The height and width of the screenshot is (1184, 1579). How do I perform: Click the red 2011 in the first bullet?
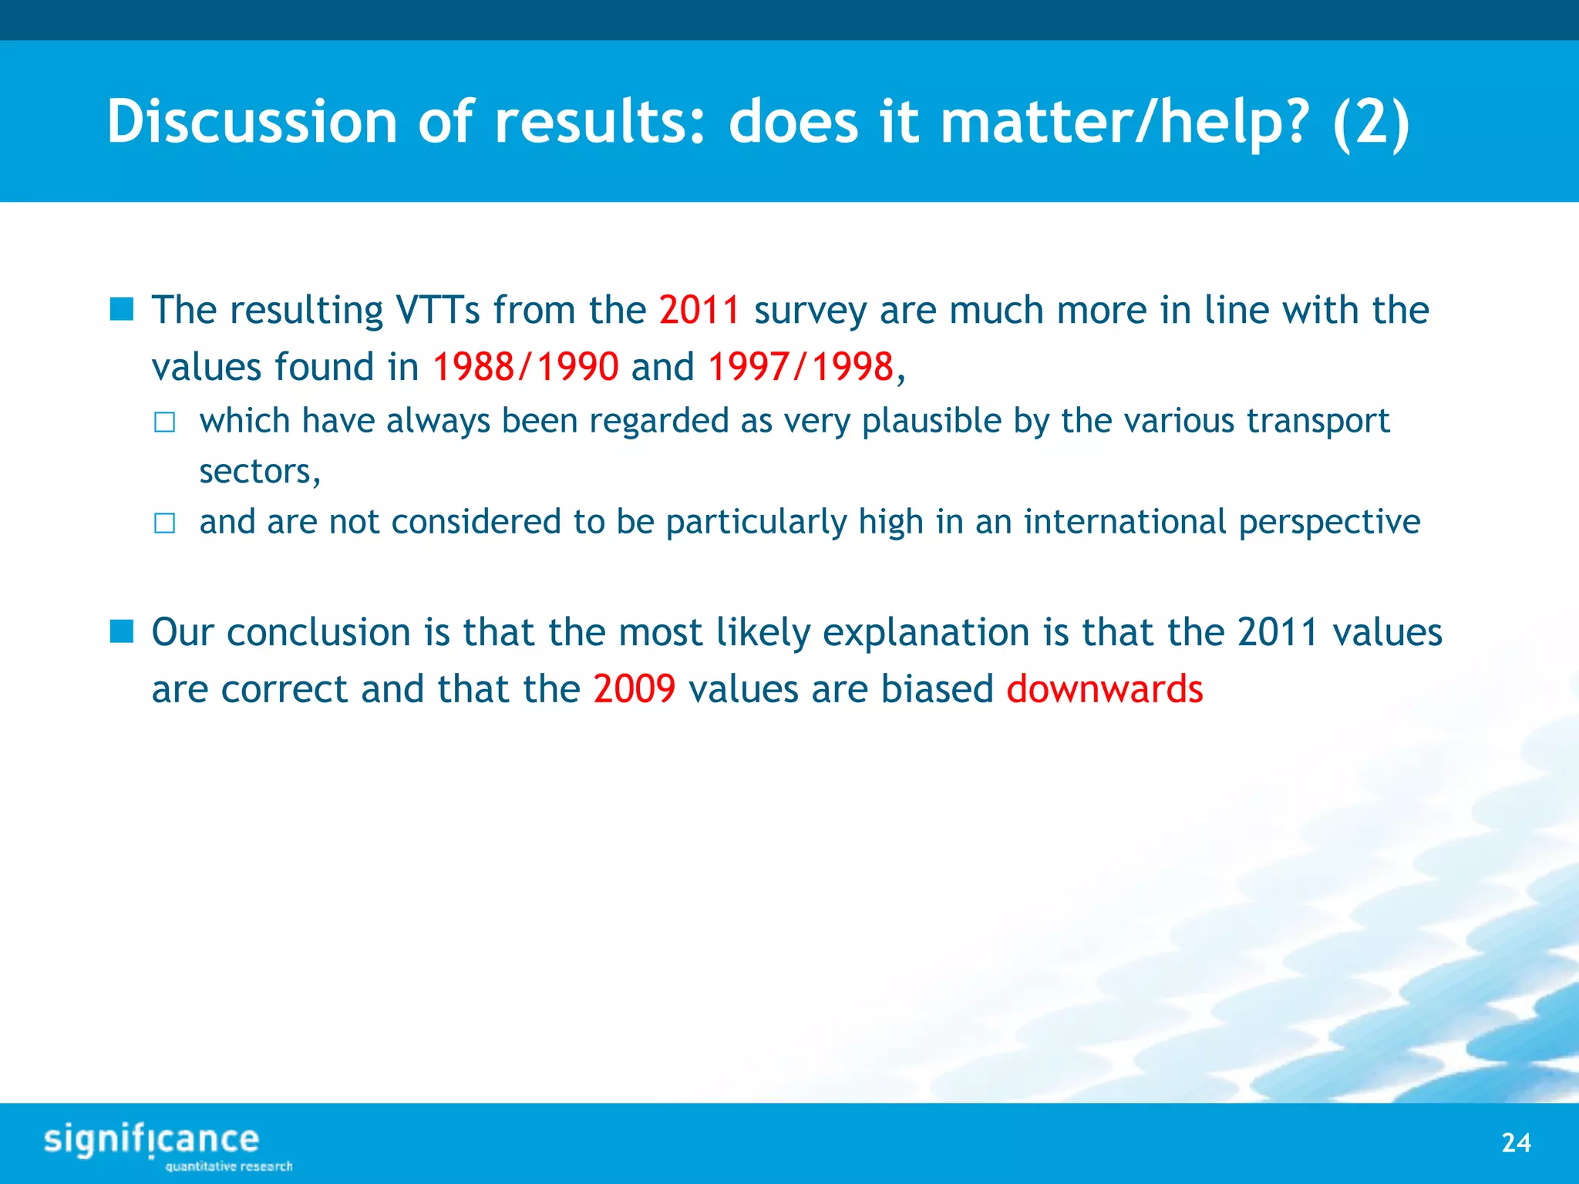699,311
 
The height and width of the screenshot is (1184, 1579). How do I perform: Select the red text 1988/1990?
525,367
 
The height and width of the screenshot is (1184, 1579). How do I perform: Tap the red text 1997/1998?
800,367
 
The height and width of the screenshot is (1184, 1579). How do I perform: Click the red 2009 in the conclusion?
634,689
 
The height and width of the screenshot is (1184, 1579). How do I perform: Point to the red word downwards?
1104,689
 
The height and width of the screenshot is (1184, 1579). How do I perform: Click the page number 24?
1516,1142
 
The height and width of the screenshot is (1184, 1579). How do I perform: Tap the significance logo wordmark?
151,1139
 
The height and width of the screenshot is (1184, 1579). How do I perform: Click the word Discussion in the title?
251,122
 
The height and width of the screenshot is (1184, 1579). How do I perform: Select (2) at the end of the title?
1371,122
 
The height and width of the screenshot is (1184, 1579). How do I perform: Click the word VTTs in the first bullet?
437,311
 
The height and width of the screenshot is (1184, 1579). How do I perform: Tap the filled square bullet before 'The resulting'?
122,310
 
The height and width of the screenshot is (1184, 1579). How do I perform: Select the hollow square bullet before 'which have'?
164,422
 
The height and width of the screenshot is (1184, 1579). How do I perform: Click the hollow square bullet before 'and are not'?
164,523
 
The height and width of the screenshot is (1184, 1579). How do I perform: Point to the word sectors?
260,472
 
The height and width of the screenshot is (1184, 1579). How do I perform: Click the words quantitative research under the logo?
228,1166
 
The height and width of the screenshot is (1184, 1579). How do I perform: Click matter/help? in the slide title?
1124,122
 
